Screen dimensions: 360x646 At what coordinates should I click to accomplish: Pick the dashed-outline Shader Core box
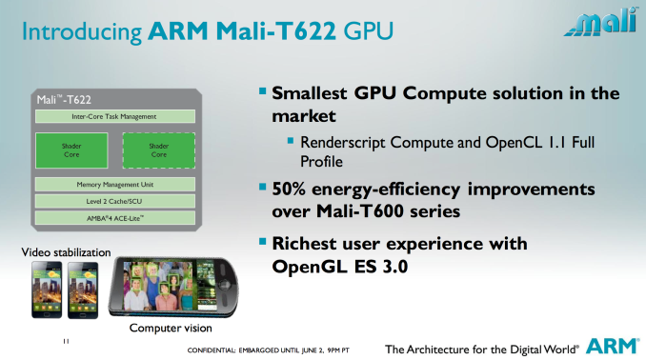158,150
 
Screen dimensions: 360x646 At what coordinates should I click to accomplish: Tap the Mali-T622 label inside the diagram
58,98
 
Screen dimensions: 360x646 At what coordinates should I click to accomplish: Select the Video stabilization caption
59,252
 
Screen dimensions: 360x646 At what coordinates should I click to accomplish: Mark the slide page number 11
66,341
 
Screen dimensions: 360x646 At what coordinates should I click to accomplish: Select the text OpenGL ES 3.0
341,267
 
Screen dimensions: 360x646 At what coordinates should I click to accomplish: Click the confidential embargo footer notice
269,348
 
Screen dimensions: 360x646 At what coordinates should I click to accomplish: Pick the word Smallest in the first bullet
313,94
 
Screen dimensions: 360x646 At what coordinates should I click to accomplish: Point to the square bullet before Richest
264,243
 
